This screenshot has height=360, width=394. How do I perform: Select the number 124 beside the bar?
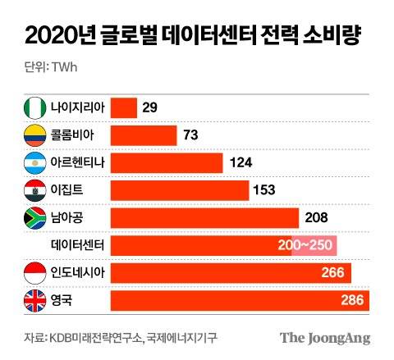pos(241,162)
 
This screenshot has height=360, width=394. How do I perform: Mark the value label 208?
pos(315,218)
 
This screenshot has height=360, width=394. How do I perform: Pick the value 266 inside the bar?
pos(332,273)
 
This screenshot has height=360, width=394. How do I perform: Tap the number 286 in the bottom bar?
pos(352,301)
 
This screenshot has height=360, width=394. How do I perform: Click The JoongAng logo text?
pos(325,338)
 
